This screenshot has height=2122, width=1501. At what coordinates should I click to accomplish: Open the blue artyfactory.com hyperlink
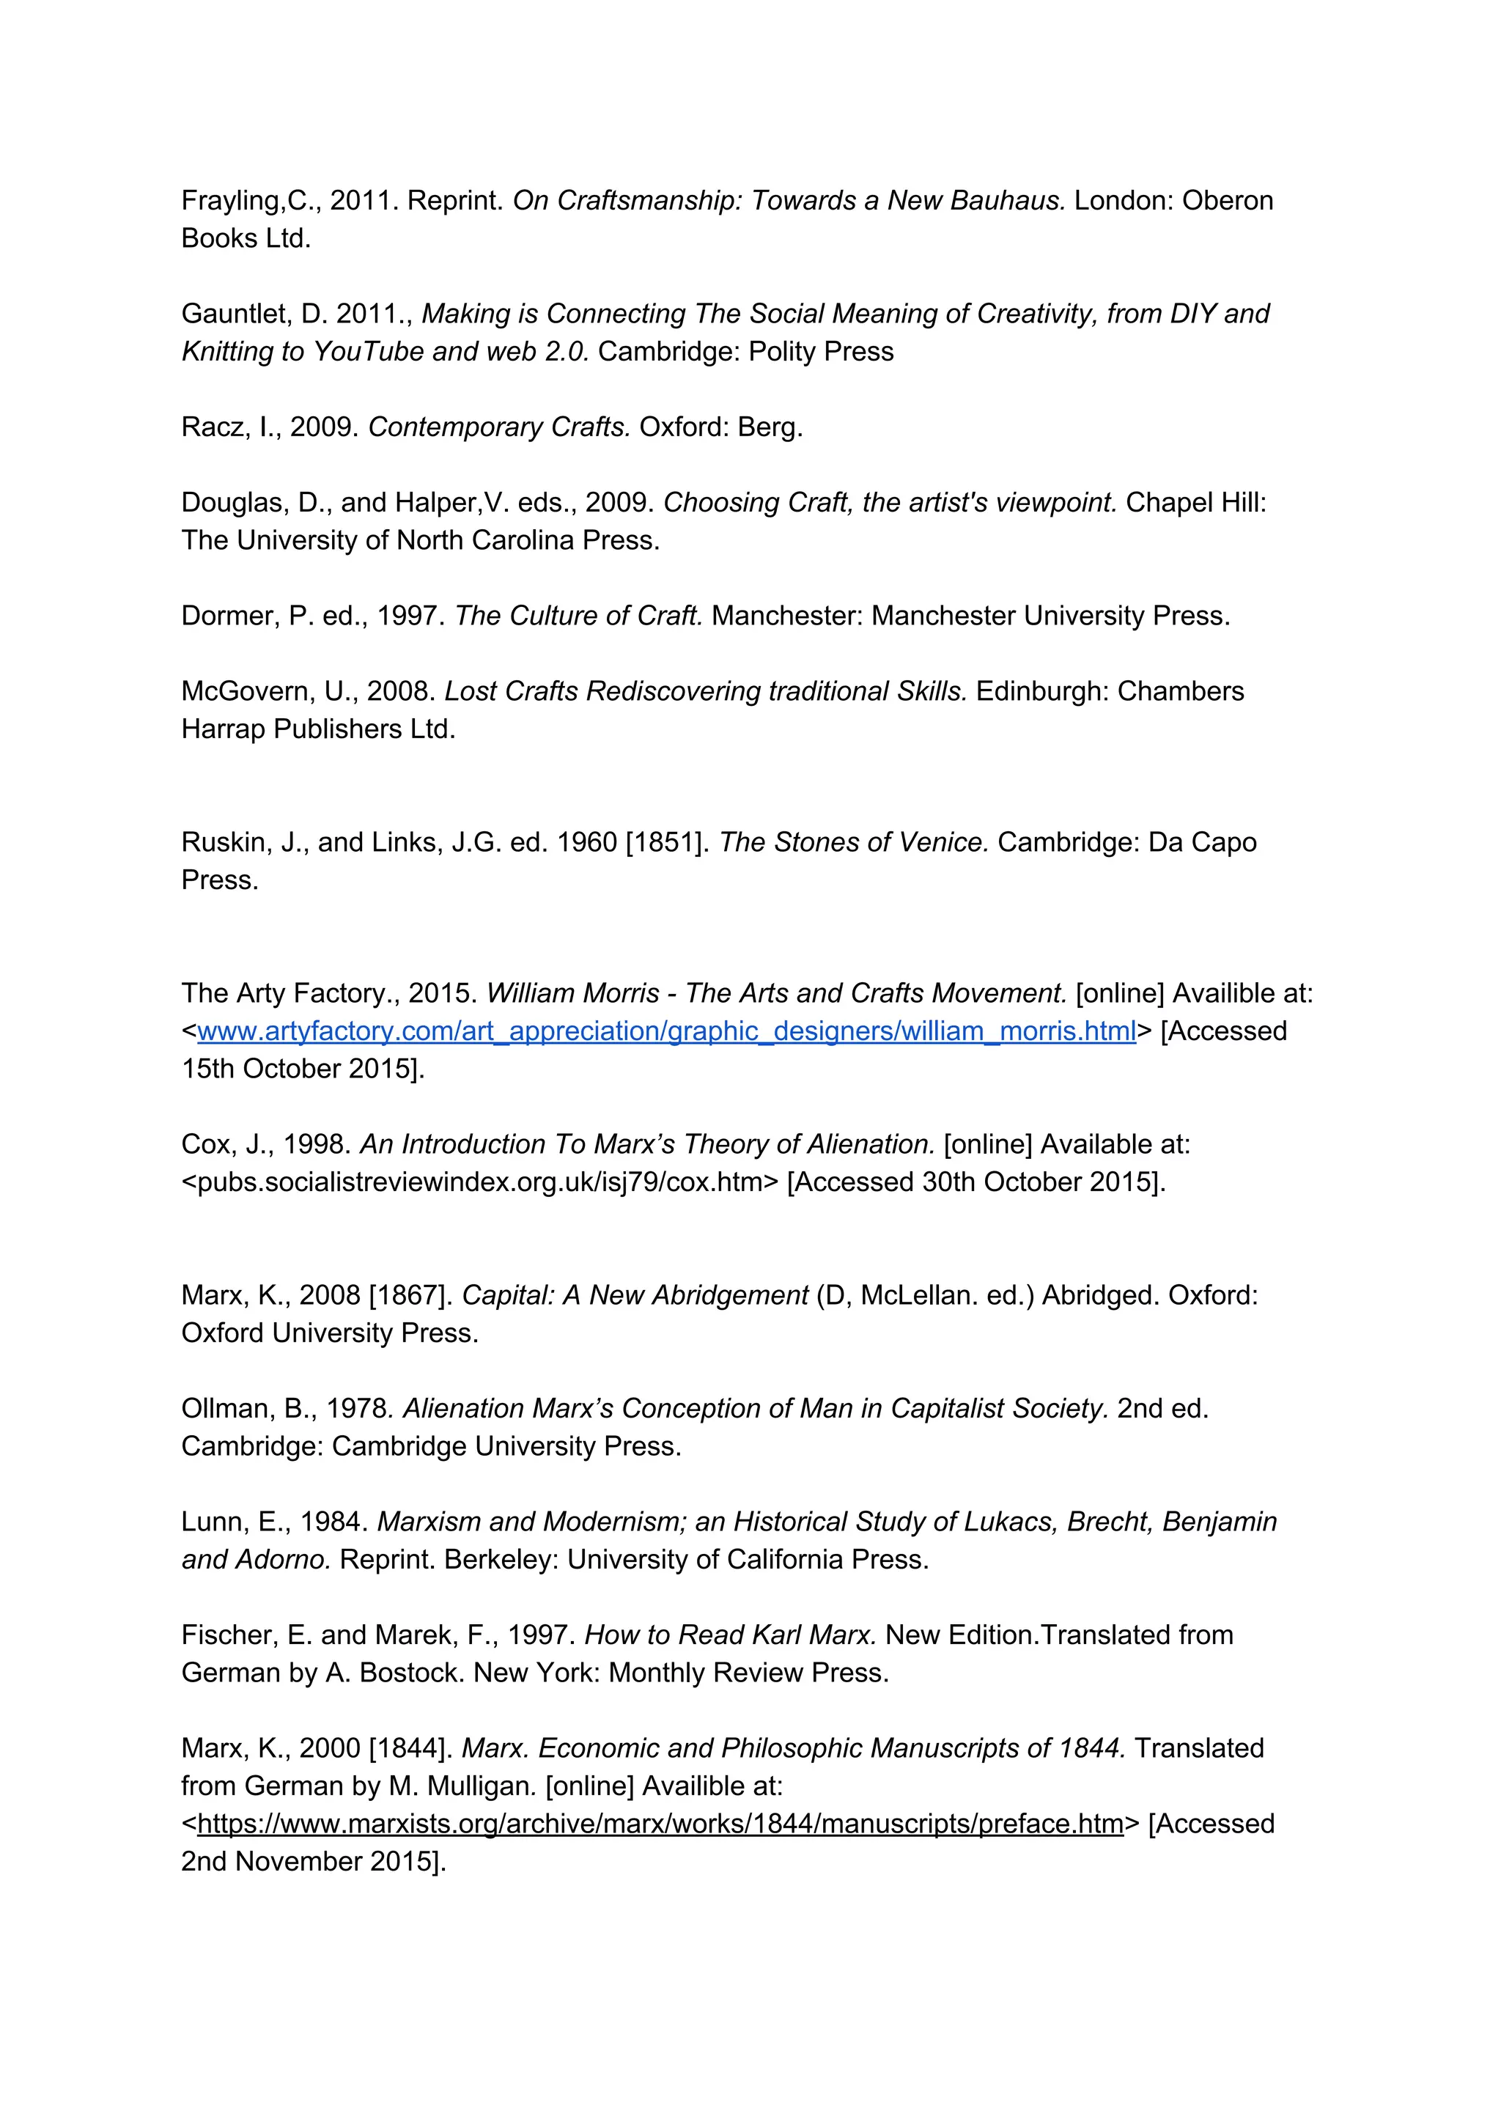pyautogui.click(x=666, y=1031)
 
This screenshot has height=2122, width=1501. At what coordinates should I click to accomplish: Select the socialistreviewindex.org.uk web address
pyautogui.click(x=481, y=1183)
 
